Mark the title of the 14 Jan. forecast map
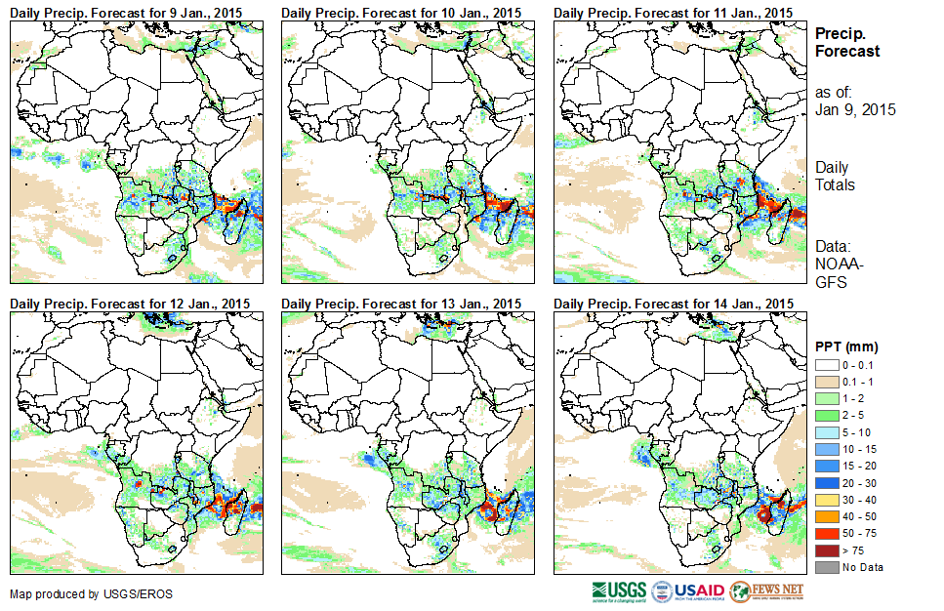674,304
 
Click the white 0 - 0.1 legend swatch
826,365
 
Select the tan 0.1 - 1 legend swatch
826,382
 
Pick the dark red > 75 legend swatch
826,550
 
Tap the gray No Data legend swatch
826,567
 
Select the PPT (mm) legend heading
846,346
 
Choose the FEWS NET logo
766,591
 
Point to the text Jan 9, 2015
855,109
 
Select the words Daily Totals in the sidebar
836,176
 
